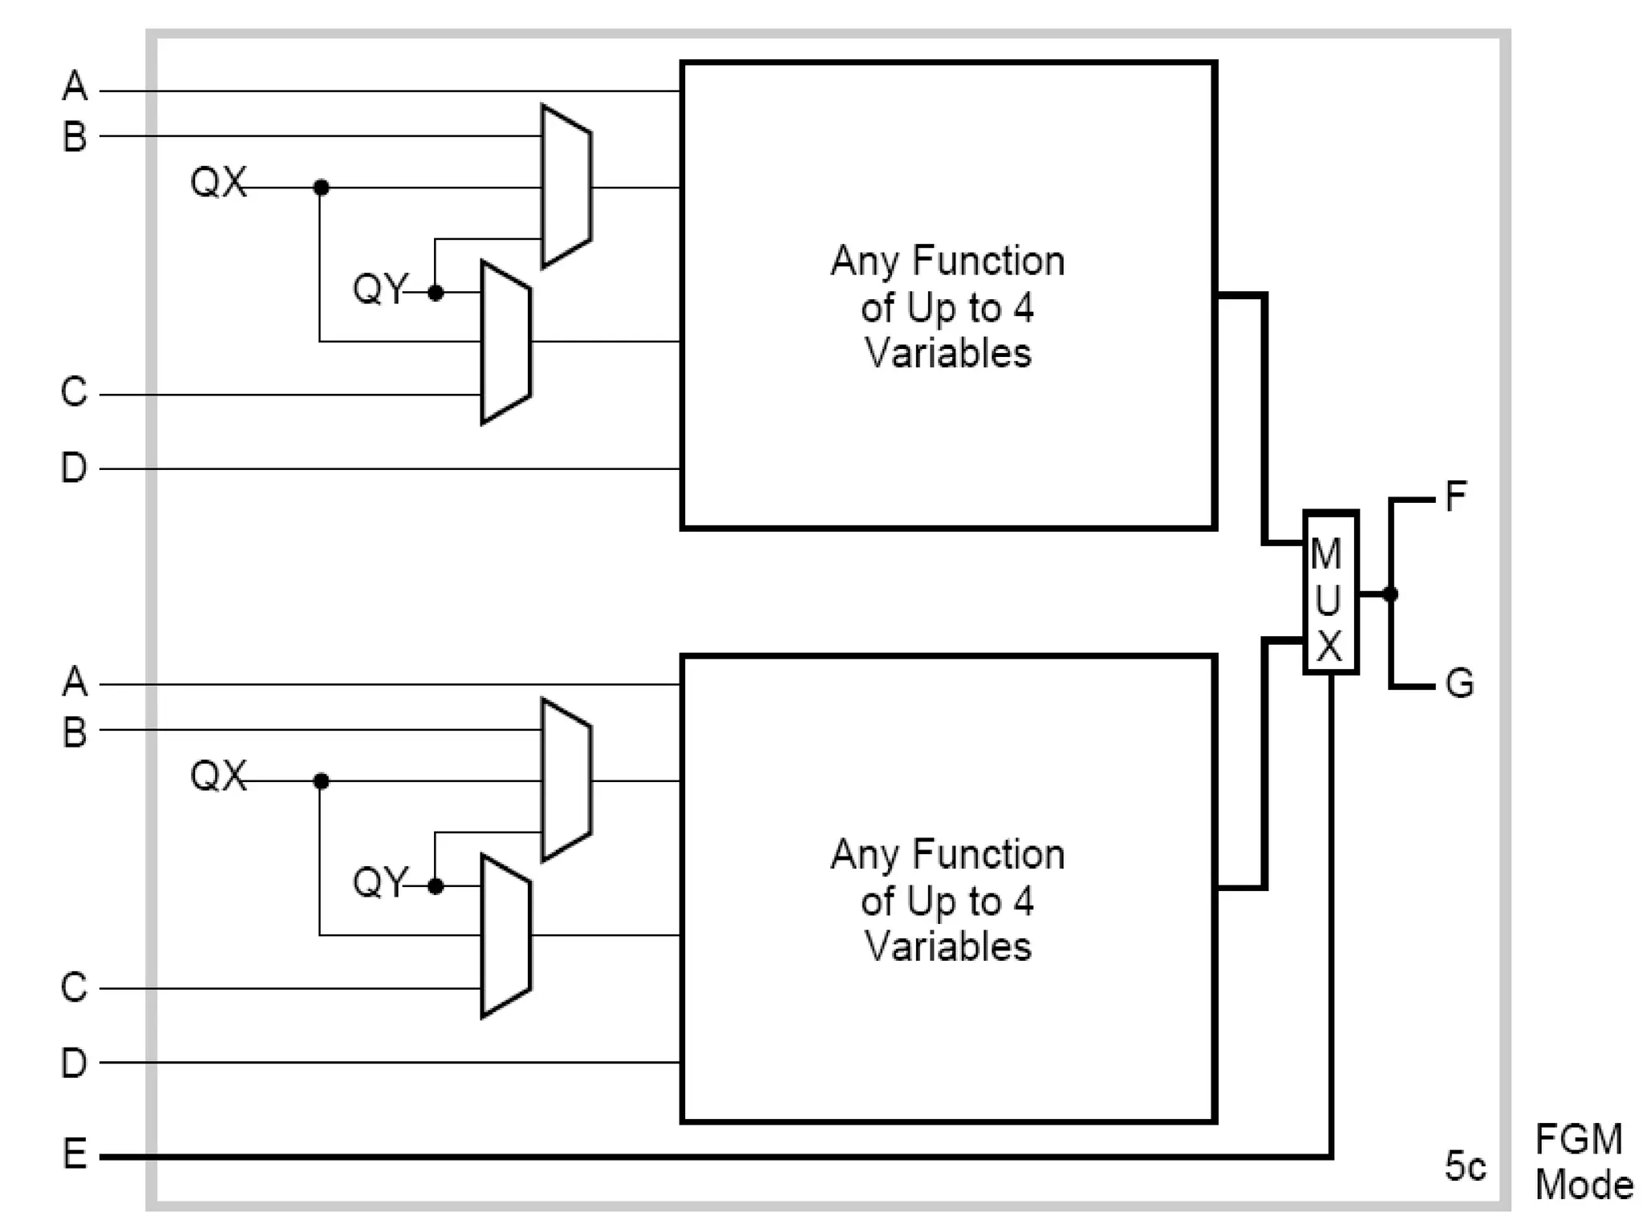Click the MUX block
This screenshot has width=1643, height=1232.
(1329, 593)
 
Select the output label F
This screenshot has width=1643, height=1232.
(1455, 496)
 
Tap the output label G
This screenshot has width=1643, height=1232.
(1459, 684)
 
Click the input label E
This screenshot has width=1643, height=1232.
(75, 1154)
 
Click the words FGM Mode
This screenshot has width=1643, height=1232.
(1582, 1162)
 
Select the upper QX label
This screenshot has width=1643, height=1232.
(217, 182)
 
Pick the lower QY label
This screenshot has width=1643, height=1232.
(380, 882)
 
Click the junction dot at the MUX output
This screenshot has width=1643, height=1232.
(1390, 594)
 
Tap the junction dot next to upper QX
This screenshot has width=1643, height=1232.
(321, 188)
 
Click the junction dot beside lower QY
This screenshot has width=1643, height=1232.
(436, 886)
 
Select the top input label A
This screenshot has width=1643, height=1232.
(75, 86)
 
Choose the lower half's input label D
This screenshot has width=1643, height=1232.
(74, 1062)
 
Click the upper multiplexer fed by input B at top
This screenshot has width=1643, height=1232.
(566, 187)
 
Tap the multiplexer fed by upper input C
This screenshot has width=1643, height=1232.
(505, 342)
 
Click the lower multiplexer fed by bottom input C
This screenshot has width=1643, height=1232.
(505, 936)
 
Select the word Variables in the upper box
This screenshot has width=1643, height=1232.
(947, 354)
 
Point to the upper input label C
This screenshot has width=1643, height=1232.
(74, 392)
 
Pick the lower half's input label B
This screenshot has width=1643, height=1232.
(75, 732)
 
